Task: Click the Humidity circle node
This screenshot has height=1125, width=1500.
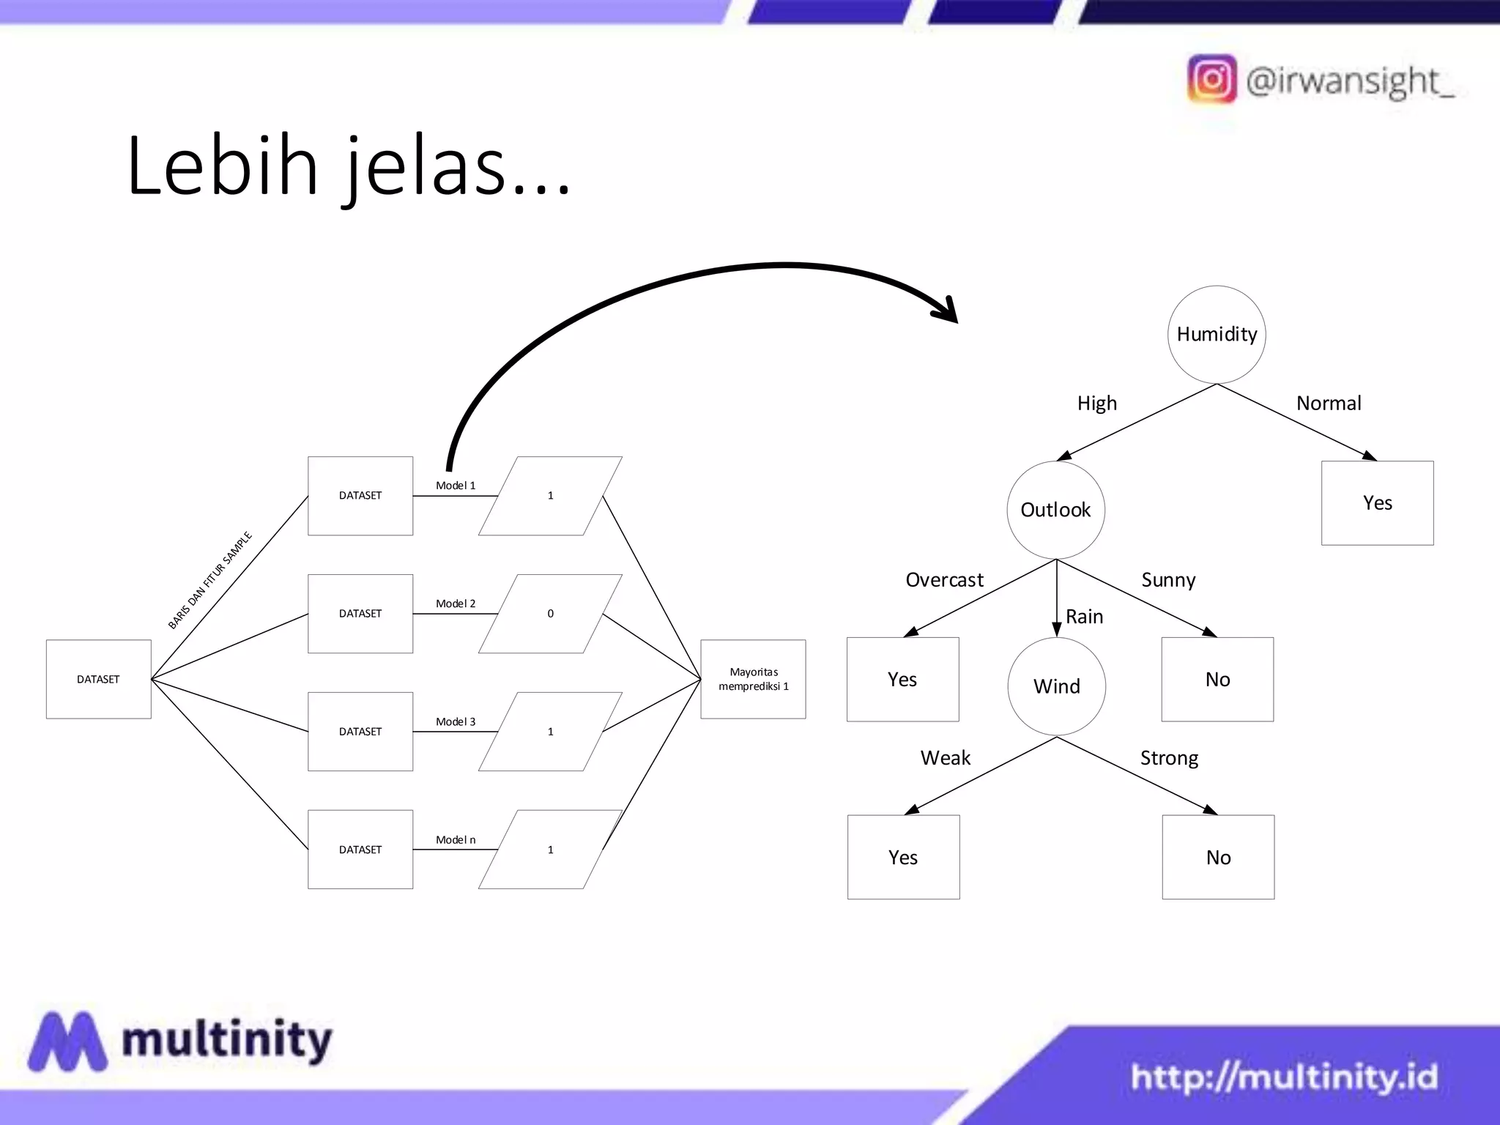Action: pos(1217,335)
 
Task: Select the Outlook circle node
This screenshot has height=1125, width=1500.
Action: pos(1055,510)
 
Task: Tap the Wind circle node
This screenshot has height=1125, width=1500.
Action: pos(1056,686)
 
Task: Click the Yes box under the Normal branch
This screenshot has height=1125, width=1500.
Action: pos(1377,503)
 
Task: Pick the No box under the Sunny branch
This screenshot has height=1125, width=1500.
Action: pos(1217,680)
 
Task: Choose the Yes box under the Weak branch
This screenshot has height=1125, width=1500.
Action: pos(903,857)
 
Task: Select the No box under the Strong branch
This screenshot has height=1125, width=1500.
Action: pos(1218,857)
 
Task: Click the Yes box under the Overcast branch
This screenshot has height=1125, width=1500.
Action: pos(902,680)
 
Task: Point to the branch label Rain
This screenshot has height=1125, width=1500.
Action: pos(1084,617)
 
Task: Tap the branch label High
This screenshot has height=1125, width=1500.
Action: pos(1096,404)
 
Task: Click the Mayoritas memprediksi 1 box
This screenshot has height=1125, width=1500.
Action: pos(753,679)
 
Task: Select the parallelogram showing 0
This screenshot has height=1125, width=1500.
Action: pos(550,614)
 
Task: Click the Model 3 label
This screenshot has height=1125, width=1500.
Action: pos(456,721)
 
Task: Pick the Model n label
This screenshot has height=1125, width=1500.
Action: pos(456,839)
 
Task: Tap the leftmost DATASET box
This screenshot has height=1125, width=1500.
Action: pos(98,679)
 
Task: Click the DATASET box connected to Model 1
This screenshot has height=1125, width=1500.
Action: pos(360,496)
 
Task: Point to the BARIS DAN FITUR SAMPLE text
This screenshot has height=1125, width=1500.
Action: pos(210,580)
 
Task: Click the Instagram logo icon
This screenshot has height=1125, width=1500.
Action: pos(1211,79)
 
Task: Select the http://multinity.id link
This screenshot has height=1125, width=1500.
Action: pos(1284,1077)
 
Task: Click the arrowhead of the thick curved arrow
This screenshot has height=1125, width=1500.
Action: pos(948,311)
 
